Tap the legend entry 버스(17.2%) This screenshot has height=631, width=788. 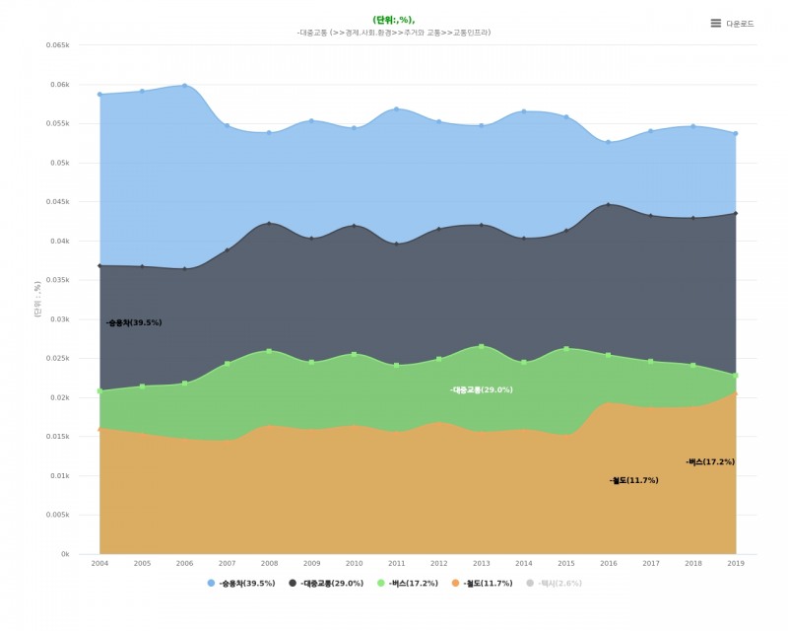tap(409, 584)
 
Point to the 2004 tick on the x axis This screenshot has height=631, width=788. tap(99, 563)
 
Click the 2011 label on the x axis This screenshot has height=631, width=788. tap(396, 563)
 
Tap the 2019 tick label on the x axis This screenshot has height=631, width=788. tap(735, 563)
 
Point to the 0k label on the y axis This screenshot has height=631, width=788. tap(65, 554)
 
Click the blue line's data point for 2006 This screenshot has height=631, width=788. tap(184, 86)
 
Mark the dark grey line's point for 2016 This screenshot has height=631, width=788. tap(608, 205)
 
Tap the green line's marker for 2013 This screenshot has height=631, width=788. tap(481, 346)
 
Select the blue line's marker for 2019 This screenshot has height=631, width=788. tap(735, 134)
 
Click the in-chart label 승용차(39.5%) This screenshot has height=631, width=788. tap(134, 322)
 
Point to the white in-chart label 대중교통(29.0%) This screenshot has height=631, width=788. tap(482, 390)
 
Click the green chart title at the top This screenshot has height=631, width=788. tap(394, 20)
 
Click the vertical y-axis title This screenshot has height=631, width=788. tap(37, 296)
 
